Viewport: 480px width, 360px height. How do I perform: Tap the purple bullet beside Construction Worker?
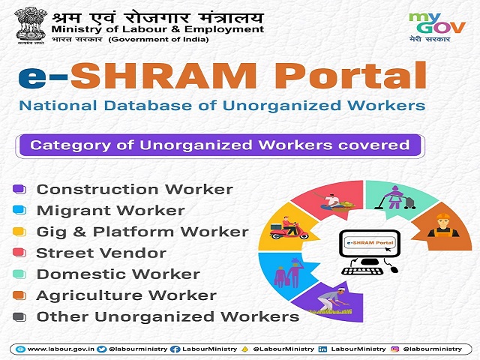(19, 190)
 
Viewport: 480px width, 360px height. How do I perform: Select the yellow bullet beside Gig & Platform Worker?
(19, 232)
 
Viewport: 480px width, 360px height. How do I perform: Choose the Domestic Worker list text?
(118, 274)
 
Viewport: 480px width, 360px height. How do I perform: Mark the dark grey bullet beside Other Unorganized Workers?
(19, 316)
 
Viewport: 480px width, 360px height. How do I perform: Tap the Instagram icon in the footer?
(394, 349)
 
